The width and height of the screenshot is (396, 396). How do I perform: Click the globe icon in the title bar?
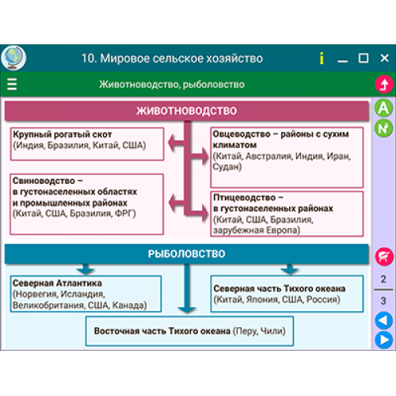[x=13, y=58]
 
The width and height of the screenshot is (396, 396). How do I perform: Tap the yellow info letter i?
[x=322, y=58]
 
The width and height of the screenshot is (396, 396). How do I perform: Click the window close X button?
[x=384, y=58]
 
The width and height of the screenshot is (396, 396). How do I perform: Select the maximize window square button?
[x=364, y=58]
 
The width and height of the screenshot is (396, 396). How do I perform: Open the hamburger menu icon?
[x=12, y=84]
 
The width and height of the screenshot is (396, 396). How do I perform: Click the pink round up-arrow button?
[x=384, y=85]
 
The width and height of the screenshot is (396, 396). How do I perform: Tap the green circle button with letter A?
[x=383, y=108]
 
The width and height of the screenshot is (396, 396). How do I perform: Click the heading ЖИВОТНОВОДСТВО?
[x=186, y=111]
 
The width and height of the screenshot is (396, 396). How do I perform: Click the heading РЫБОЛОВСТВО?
[x=186, y=253]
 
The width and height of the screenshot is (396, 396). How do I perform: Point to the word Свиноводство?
[x=44, y=181]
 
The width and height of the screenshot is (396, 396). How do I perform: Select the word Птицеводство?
[x=245, y=197]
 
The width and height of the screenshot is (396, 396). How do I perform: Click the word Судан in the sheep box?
[x=226, y=167]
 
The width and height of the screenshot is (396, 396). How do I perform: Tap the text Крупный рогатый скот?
[x=63, y=135]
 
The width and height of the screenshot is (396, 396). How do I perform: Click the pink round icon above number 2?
[x=384, y=257]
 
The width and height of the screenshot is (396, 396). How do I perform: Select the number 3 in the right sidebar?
[x=383, y=301]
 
